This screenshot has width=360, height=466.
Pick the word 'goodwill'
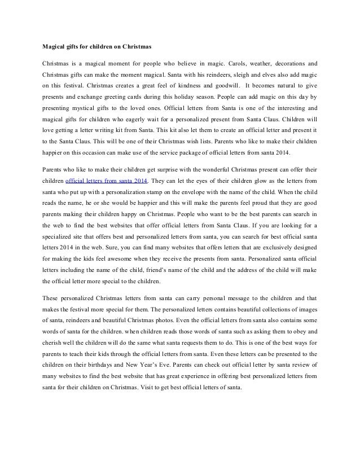(223, 86)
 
